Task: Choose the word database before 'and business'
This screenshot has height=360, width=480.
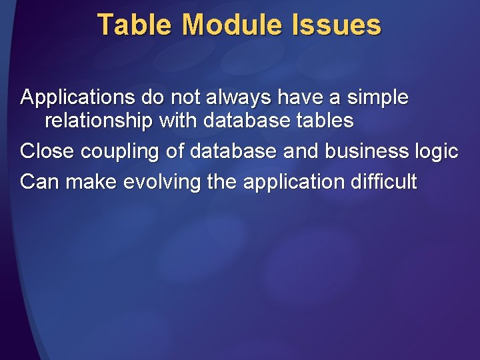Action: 233,151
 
